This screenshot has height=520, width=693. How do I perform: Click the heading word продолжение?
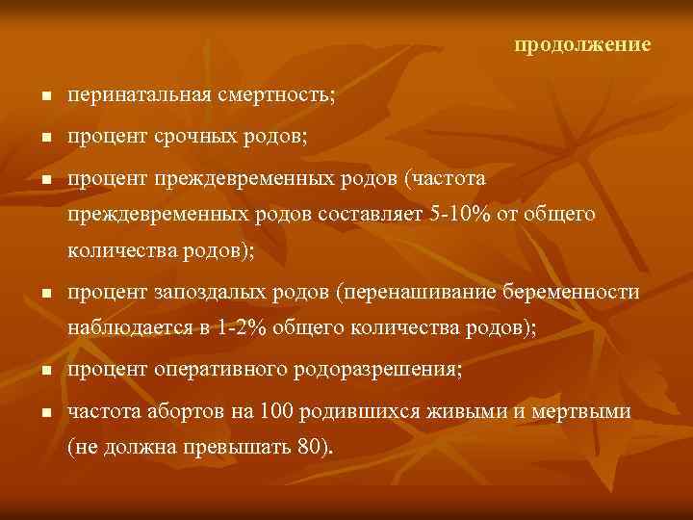(x=582, y=45)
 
